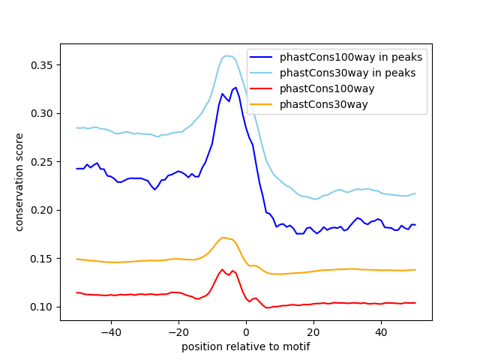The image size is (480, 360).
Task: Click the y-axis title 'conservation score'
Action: point(20,182)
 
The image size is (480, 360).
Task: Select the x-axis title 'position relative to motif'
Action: point(246,346)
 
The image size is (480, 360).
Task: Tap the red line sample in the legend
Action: point(264,88)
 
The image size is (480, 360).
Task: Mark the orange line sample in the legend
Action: point(264,104)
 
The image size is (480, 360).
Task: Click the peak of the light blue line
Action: point(227,55)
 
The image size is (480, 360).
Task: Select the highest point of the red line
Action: point(223,269)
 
